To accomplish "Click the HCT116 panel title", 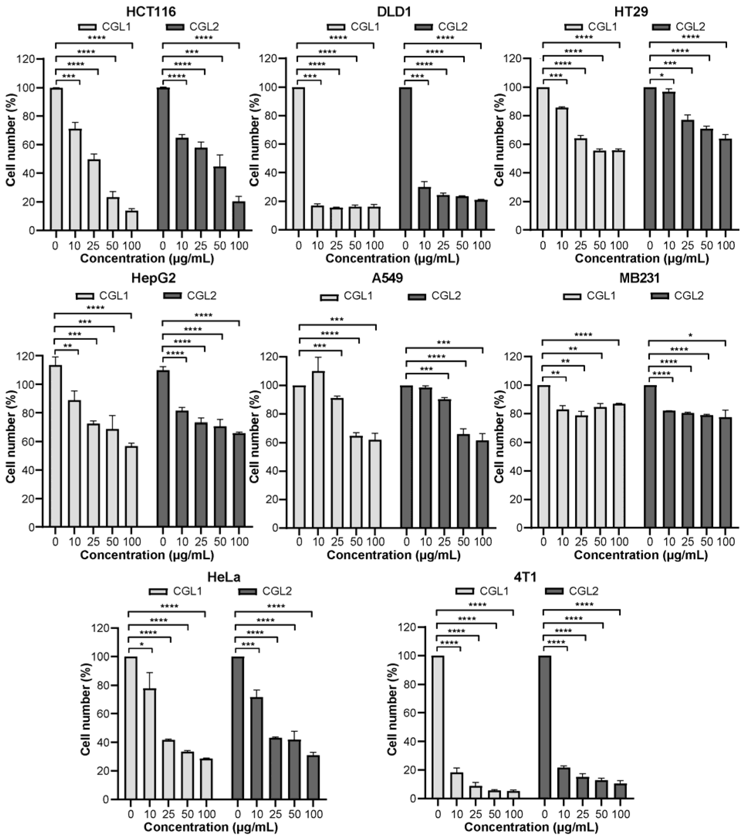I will (153, 12).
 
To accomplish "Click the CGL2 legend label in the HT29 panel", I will (690, 27).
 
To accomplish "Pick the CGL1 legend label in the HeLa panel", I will (187, 591).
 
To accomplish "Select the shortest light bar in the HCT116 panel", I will (132, 220).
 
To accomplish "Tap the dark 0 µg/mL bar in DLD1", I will (405, 158).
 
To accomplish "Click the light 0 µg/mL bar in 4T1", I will (438, 726).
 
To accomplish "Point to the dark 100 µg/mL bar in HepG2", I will (239, 480).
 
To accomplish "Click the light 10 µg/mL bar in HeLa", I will (150, 743).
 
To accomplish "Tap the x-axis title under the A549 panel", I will (393, 555).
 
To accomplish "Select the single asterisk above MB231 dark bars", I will (690, 336).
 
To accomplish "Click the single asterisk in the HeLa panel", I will (142, 644).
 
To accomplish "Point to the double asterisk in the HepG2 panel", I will (68, 346).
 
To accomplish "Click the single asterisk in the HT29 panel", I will (662, 76).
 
